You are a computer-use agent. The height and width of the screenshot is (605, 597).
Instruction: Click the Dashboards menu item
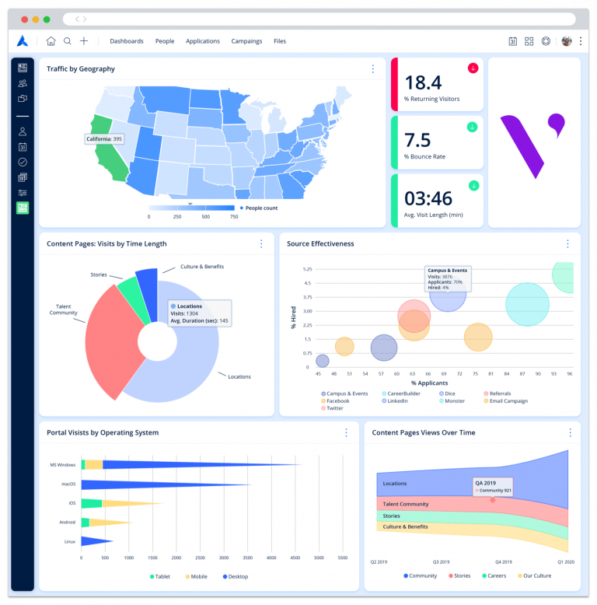[x=126, y=41]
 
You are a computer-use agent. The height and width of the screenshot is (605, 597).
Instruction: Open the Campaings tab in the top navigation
[x=246, y=41]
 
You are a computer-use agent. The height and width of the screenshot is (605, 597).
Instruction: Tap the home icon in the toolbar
[x=51, y=41]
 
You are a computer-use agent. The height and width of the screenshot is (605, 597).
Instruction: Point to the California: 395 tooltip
[x=105, y=139]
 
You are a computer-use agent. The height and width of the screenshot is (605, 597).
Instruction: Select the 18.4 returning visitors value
[x=423, y=82]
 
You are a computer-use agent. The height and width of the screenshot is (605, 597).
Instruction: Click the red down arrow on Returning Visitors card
[x=472, y=68]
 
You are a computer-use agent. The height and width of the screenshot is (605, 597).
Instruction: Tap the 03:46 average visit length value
[x=428, y=198]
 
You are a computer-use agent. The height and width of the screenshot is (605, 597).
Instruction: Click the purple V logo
[x=531, y=141]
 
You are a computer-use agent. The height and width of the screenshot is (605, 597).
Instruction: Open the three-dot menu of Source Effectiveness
[x=567, y=243]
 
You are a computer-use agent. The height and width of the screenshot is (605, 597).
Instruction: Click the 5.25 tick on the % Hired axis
[x=307, y=269]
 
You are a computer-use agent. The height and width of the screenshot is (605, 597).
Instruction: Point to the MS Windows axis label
[x=62, y=465]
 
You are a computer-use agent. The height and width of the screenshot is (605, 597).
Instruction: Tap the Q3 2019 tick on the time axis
[x=442, y=561]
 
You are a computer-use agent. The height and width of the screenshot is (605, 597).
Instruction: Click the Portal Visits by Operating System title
[x=103, y=432]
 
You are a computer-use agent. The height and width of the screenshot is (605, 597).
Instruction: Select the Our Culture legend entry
[x=537, y=576]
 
